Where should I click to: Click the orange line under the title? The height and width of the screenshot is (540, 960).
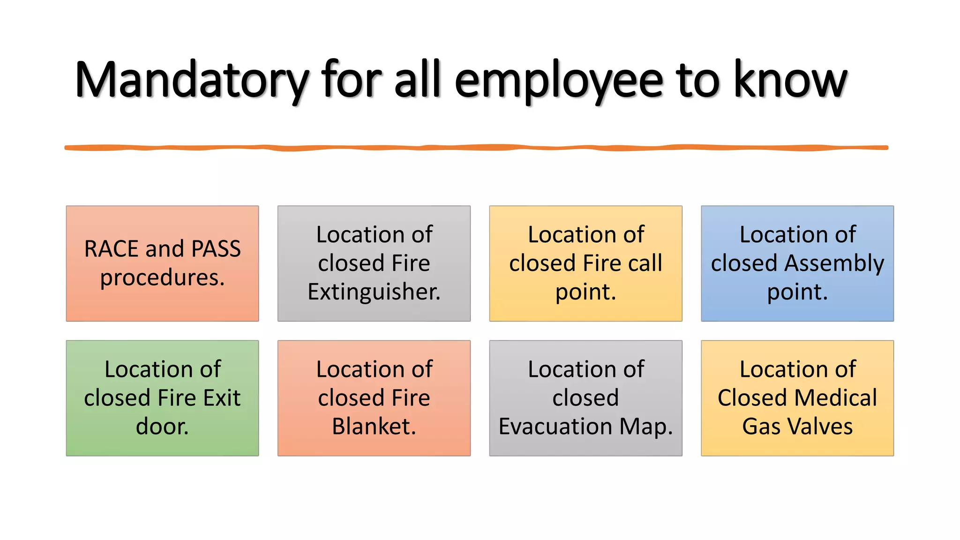point(476,148)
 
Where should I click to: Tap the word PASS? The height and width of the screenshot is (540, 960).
point(216,248)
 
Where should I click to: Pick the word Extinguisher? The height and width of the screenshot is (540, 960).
point(374,292)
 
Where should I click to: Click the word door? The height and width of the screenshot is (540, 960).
point(162,427)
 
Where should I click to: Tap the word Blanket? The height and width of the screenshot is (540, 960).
point(374,427)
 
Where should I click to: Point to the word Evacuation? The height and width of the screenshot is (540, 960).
point(555,427)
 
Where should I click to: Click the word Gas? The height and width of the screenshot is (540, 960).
point(761,427)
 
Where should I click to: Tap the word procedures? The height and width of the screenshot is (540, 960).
point(162,278)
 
